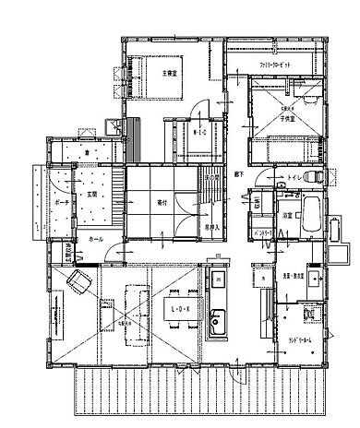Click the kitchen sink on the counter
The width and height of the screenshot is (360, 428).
pyautogui.click(x=219, y=323)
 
